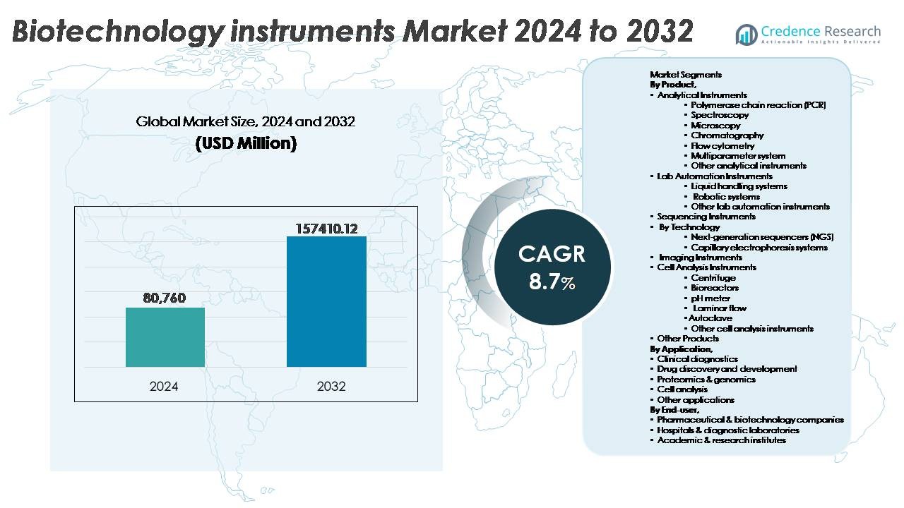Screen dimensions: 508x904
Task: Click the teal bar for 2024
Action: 165,337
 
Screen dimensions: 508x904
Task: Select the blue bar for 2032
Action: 326,302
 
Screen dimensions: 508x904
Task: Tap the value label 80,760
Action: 165,298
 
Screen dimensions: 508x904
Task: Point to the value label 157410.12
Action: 326,229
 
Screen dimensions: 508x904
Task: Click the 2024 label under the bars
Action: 164,387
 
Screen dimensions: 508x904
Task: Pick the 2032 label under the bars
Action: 331,387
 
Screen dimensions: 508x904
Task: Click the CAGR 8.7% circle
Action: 552,267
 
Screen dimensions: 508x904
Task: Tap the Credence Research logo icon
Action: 747,35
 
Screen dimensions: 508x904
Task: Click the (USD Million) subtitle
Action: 245,143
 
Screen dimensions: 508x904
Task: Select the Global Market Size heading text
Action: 245,122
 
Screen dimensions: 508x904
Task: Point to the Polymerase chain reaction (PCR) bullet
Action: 758,104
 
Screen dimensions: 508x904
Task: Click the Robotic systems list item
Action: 725,196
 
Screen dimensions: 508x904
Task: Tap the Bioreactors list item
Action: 715,288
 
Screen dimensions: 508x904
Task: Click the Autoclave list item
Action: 710,318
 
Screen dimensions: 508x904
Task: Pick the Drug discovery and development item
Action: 727,369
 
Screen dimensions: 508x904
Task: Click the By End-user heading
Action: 675,409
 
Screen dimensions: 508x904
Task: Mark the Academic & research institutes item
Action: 721,440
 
